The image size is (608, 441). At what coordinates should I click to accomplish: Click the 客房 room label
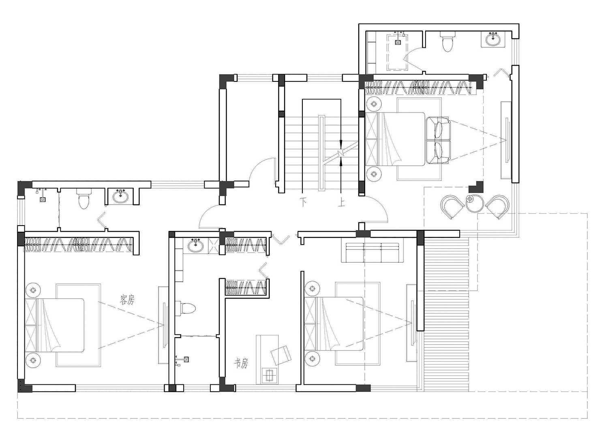click(x=127, y=299)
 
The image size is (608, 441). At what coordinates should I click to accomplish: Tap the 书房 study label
click(x=241, y=363)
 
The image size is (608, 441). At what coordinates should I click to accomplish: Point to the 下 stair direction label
click(x=303, y=202)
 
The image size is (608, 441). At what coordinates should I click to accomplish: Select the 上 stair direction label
click(x=341, y=202)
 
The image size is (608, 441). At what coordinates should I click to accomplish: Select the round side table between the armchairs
click(x=475, y=203)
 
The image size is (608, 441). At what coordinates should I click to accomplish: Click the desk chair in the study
click(x=281, y=355)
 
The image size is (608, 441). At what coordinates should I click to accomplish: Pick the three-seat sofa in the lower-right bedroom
click(x=373, y=253)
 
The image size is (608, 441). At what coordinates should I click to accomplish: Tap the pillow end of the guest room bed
click(x=31, y=326)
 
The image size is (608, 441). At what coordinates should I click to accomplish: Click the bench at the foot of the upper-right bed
click(x=438, y=140)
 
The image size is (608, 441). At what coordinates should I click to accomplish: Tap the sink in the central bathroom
click(x=195, y=246)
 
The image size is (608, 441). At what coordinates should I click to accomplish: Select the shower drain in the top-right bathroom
click(x=398, y=42)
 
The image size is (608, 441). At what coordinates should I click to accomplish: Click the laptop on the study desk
click(x=270, y=375)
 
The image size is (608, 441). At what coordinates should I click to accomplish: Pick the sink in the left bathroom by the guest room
click(x=120, y=196)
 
